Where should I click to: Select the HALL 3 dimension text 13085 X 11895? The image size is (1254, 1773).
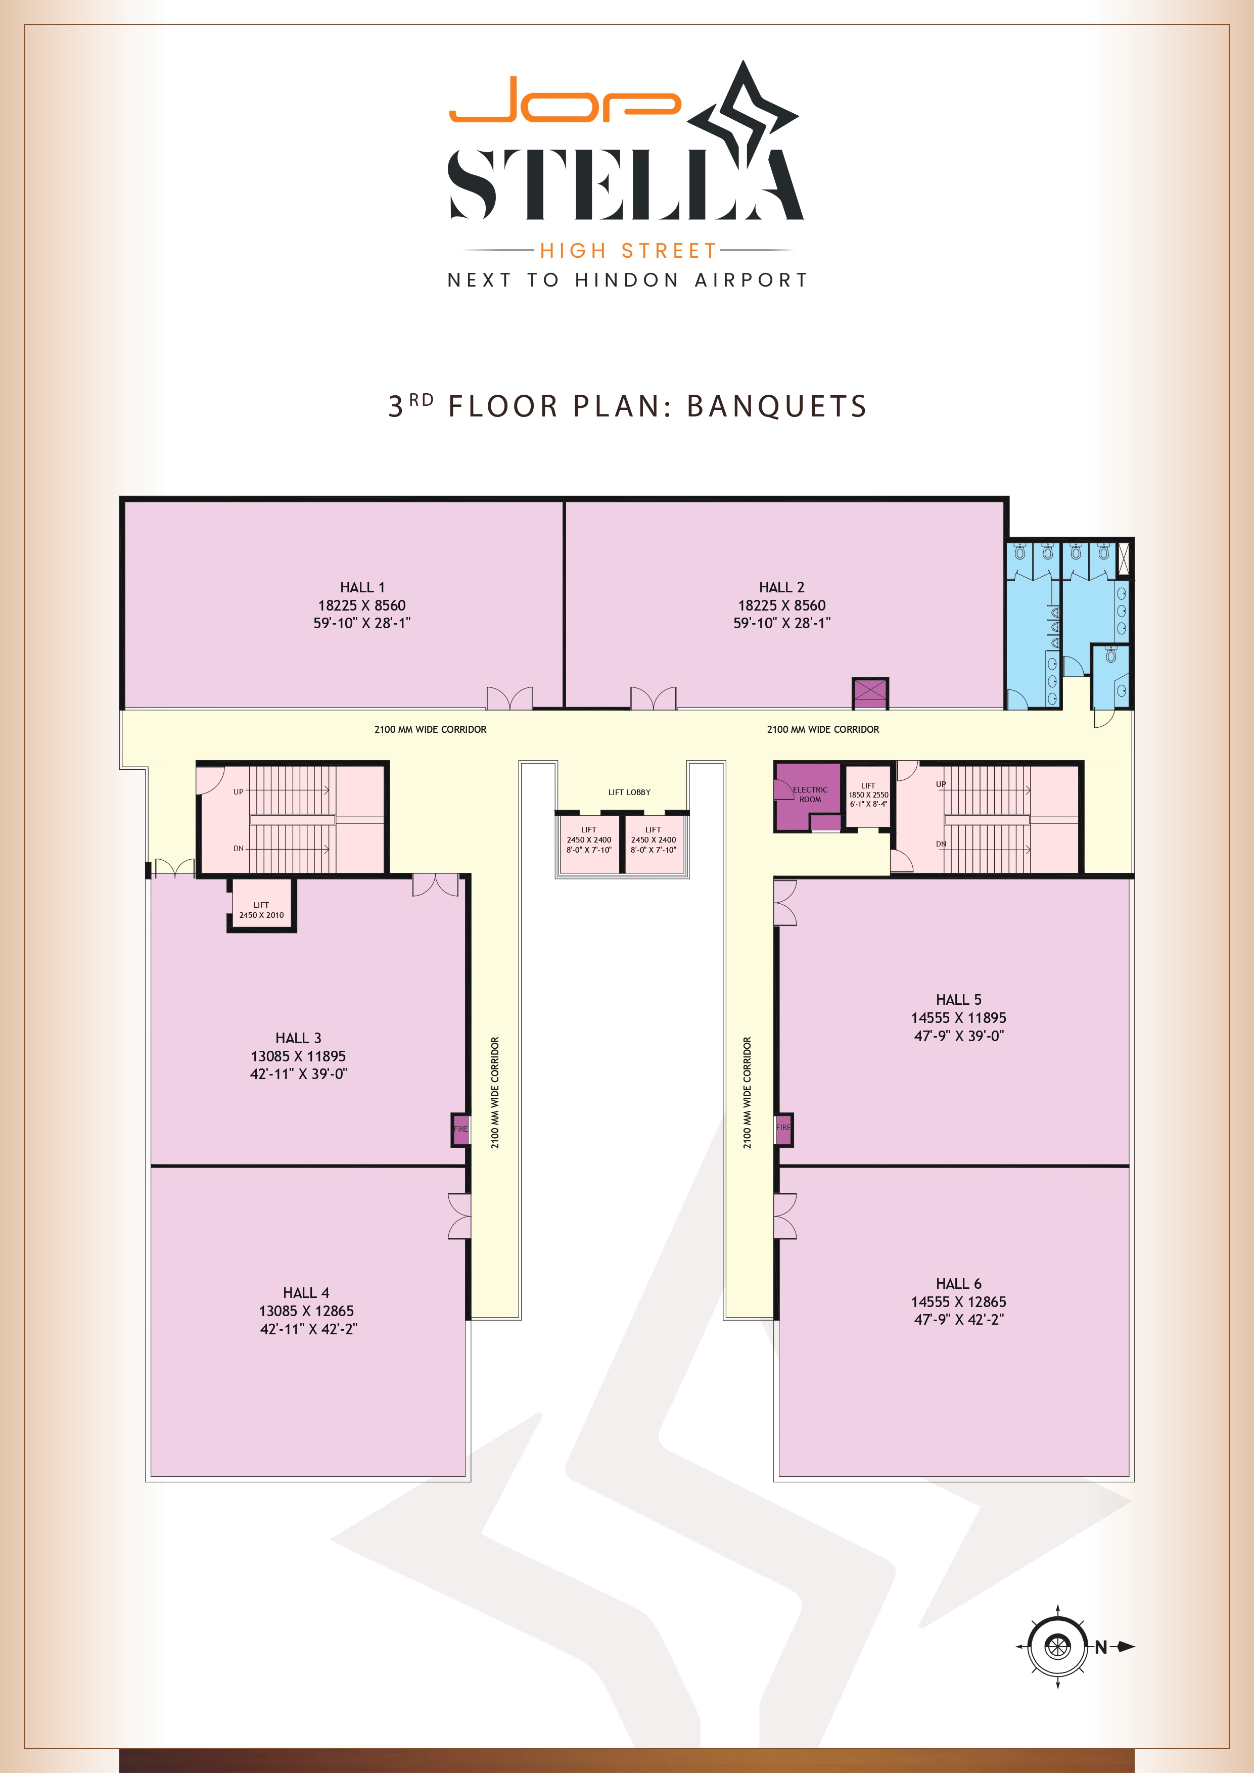pyautogui.click(x=298, y=1056)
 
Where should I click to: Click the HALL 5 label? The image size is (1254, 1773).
pyautogui.click(x=958, y=1000)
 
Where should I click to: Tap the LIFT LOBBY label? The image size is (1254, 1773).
pyautogui.click(x=629, y=792)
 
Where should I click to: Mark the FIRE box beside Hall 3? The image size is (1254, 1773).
pyautogui.click(x=460, y=1129)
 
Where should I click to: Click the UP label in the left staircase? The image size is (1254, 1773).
pyautogui.click(x=239, y=791)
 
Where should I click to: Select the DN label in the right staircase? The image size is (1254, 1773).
pyautogui.click(x=941, y=844)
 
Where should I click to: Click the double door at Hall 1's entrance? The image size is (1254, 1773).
pyautogui.click(x=509, y=698)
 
